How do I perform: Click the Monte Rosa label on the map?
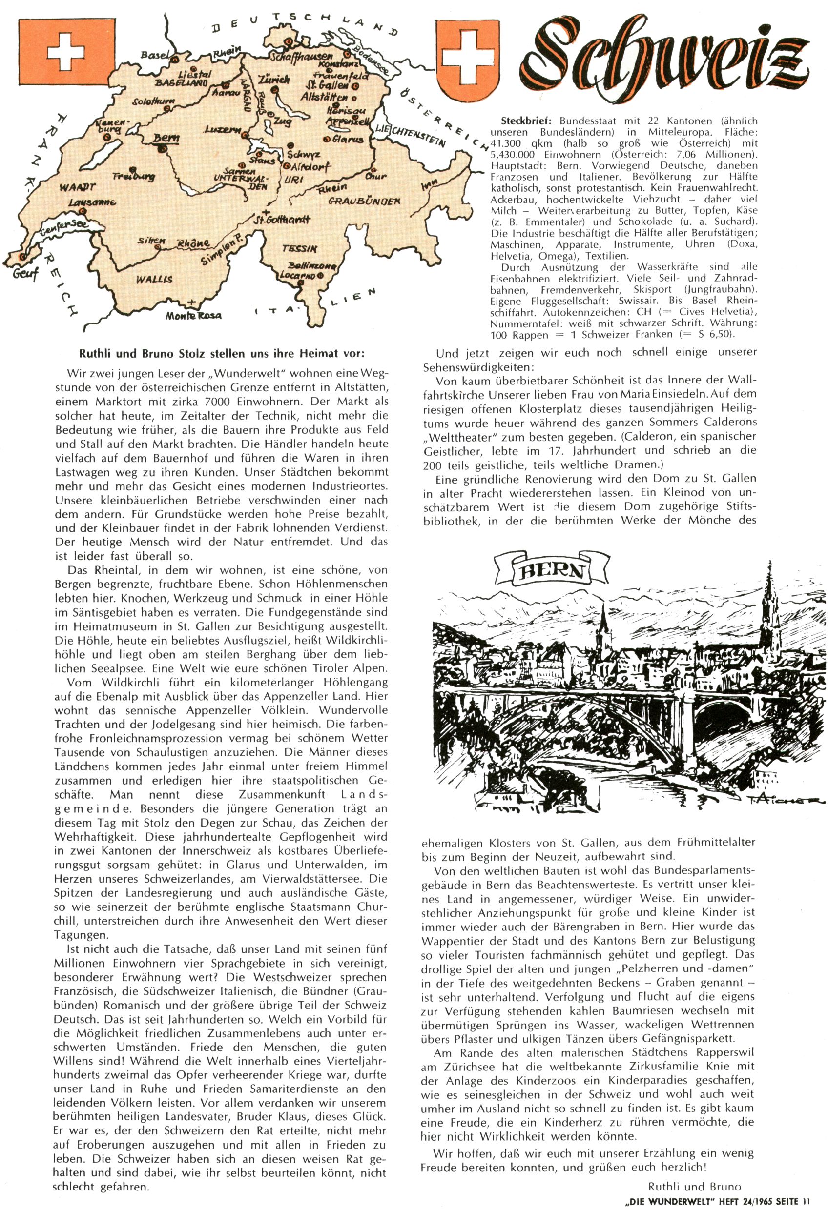(x=193, y=315)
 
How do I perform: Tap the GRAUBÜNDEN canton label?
(x=364, y=201)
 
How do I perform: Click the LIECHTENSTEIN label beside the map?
(x=410, y=135)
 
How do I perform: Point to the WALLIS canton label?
(x=154, y=280)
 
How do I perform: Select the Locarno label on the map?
(x=297, y=274)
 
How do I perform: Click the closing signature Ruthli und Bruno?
(x=694, y=1187)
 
